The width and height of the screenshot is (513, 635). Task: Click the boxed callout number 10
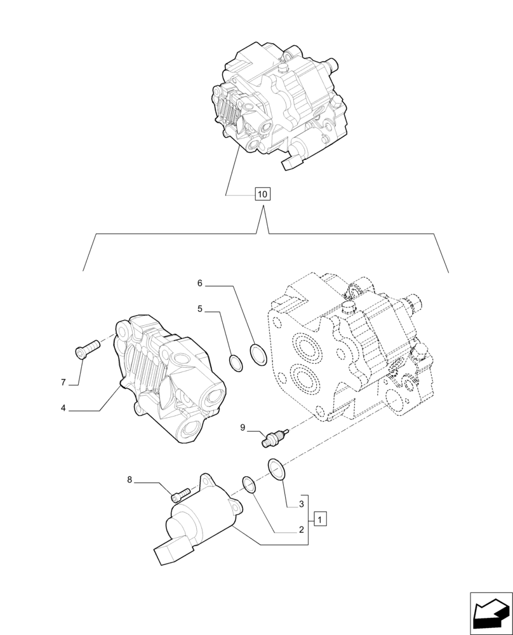click(262, 194)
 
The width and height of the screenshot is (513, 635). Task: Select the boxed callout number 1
click(321, 519)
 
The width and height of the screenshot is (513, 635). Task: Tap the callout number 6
click(199, 283)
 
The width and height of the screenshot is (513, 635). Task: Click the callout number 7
click(63, 382)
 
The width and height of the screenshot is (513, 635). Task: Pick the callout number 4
click(63, 408)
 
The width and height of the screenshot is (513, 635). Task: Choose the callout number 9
click(243, 428)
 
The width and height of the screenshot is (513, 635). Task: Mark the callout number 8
click(130, 480)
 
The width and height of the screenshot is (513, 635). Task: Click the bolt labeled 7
click(87, 348)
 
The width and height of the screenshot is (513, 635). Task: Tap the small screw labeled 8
click(181, 491)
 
